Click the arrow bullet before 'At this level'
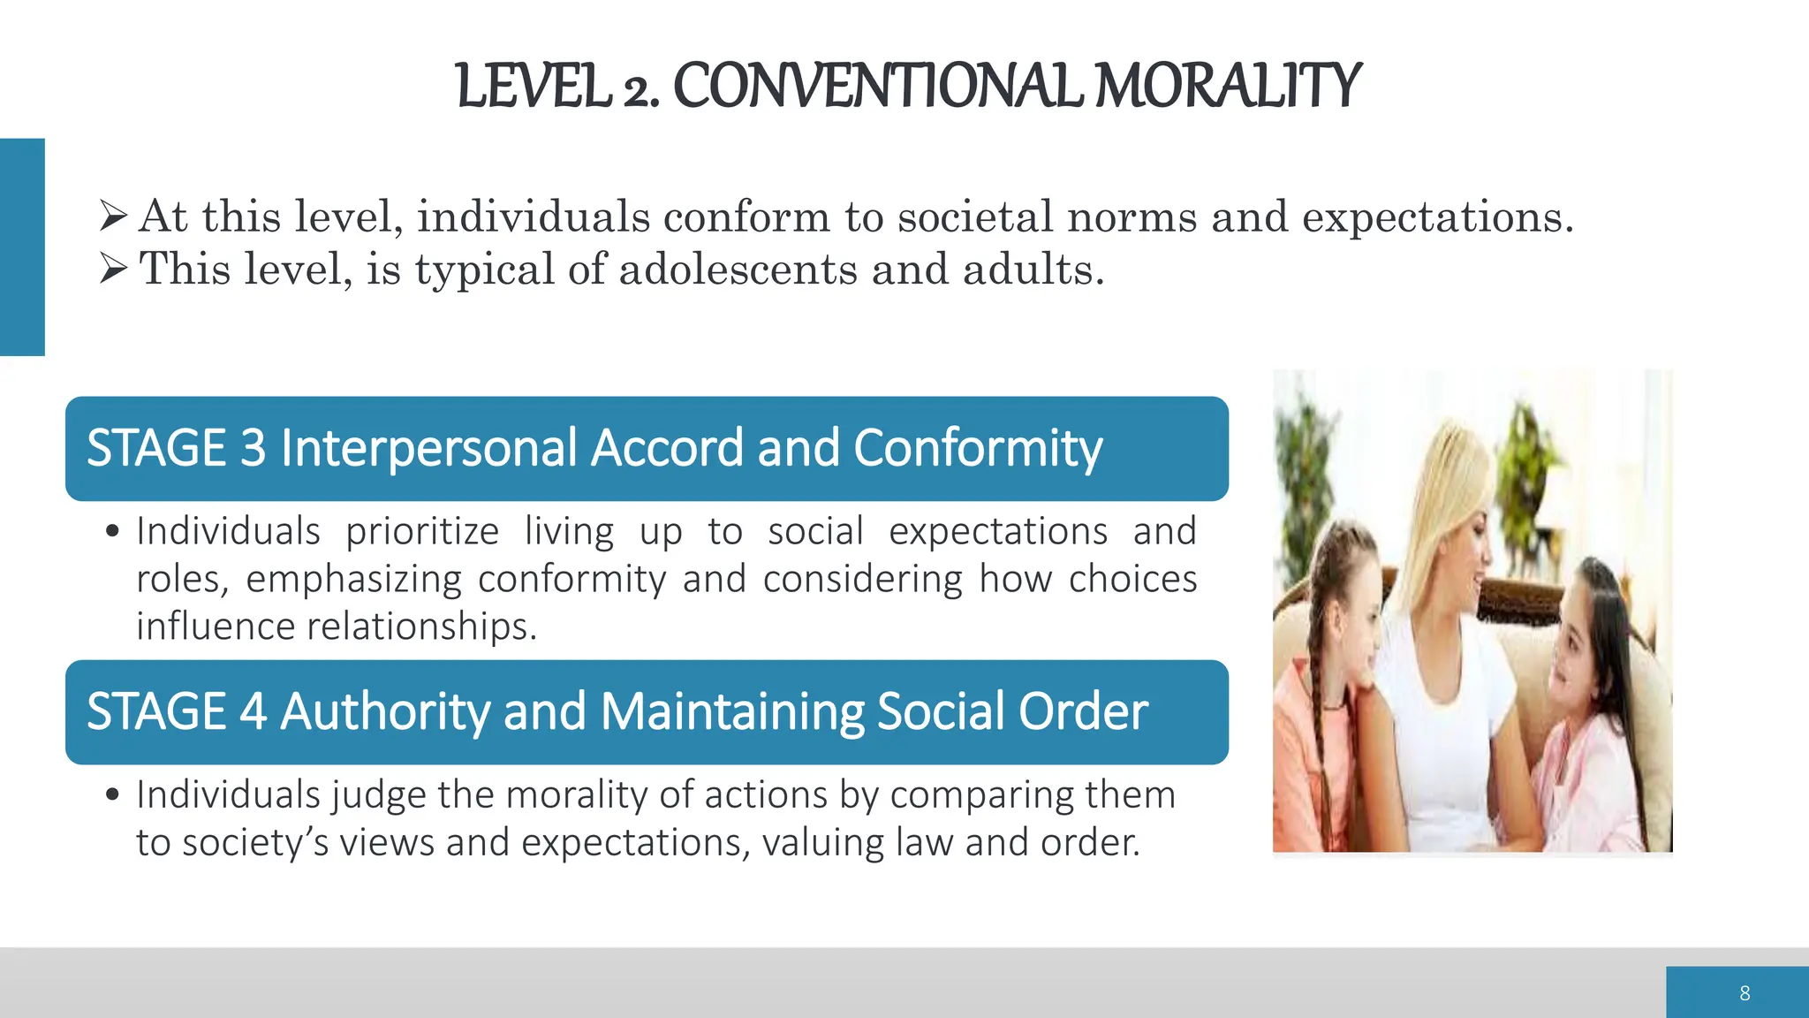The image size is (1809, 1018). click(x=114, y=215)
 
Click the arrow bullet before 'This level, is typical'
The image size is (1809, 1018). click(x=114, y=268)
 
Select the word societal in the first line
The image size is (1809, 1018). click(x=975, y=217)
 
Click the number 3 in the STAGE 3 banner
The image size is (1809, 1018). click(x=253, y=447)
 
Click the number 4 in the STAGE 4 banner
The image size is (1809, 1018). click(x=253, y=711)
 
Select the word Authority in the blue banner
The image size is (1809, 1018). click(x=384, y=711)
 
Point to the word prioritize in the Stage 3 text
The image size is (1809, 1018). click(x=422, y=532)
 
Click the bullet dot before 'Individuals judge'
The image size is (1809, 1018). click(x=112, y=794)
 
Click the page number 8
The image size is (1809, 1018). click(x=1745, y=993)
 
